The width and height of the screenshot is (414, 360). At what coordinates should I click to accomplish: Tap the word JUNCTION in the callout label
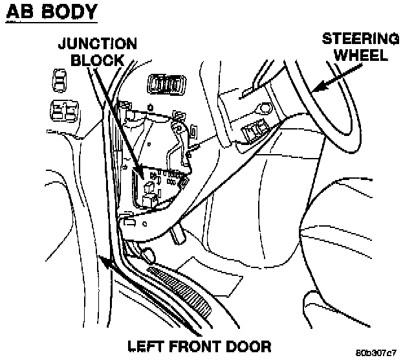click(x=98, y=44)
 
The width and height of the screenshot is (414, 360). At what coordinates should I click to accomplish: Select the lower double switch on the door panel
click(x=62, y=112)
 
